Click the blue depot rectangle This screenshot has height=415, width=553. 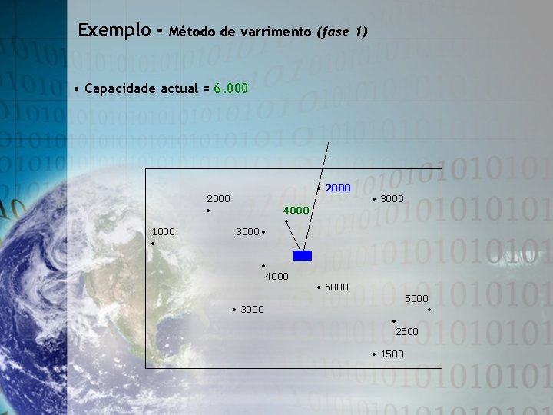(x=303, y=256)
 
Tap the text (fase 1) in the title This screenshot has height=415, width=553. (x=342, y=32)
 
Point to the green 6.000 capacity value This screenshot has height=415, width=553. (x=231, y=88)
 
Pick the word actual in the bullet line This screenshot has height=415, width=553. (x=180, y=88)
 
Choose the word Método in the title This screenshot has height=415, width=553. (x=191, y=32)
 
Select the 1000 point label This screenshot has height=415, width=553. (x=163, y=231)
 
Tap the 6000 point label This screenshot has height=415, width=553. (x=336, y=287)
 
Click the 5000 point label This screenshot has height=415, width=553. (x=416, y=298)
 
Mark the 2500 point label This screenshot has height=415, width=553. (x=407, y=331)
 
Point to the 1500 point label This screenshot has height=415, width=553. (x=392, y=354)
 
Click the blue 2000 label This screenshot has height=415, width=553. (x=338, y=188)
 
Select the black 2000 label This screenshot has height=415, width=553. (x=218, y=198)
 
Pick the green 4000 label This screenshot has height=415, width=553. (x=296, y=210)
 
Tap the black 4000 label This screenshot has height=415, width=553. (x=276, y=276)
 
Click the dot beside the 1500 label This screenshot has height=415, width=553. (x=374, y=354)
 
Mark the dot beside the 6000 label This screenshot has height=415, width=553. (x=319, y=287)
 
